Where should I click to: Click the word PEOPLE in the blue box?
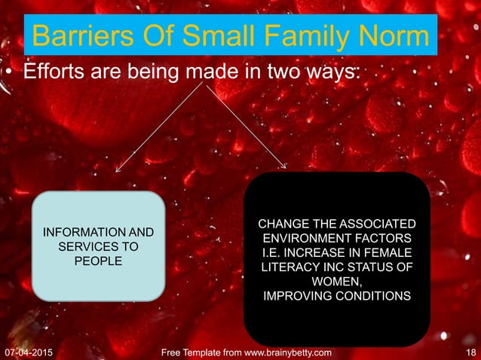pyautogui.click(x=98, y=261)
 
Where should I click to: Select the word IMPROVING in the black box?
pyautogui.click(x=295, y=296)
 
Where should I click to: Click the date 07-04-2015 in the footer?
pyautogui.click(x=34, y=352)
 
